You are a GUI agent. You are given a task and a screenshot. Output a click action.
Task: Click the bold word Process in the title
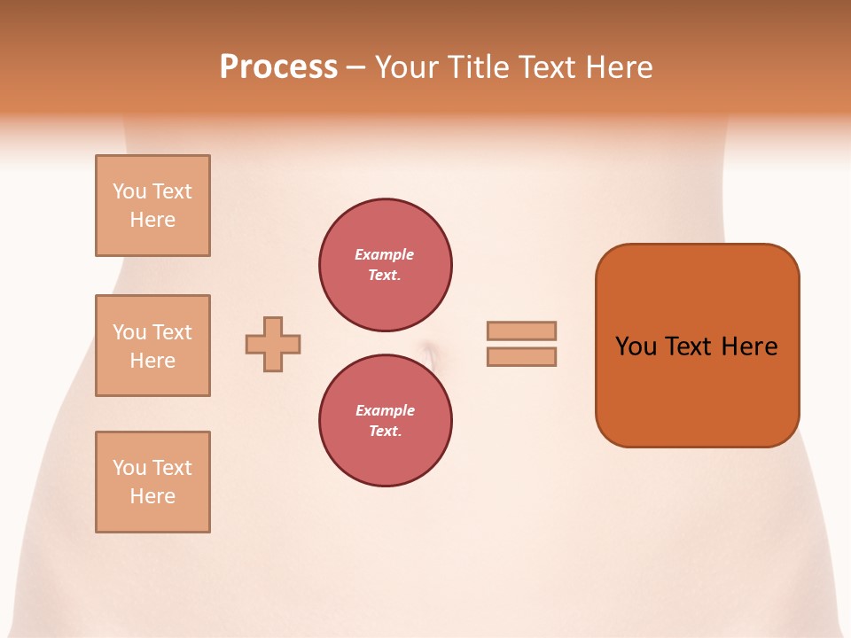click(x=278, y=67)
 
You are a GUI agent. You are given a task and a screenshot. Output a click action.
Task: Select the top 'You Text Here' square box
click(x=152, y=206)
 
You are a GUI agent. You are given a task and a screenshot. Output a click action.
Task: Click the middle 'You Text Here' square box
click(x=152, y=346)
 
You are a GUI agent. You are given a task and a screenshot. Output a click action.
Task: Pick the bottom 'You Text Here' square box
click(x=152, y=482)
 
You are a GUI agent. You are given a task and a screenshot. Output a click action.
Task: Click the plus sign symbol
click(x=273, y=344)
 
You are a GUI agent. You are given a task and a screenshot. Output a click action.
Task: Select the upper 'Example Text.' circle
click(x=385, y=265)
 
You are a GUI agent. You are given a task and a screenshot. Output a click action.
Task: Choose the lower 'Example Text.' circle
click(x=385, y=420)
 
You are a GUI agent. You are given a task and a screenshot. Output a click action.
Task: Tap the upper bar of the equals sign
click(x=521, y=331)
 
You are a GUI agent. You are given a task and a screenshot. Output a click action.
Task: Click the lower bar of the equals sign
click(x=521, y=356)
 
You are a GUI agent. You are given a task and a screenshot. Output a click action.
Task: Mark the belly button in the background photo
click(x=429, y=354)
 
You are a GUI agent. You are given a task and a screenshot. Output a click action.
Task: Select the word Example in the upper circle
click(x=385, y=254)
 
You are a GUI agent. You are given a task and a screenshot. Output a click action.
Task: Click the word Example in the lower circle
click(x=385, y=410)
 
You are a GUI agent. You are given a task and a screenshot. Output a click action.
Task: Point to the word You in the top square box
click(x=129, y=191)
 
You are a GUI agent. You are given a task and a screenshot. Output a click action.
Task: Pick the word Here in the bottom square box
click(x=152, y=496)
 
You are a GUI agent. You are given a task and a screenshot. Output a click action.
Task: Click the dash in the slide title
click(x=355, y=67)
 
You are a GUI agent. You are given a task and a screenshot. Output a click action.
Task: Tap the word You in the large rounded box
click(x=636, y=346)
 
